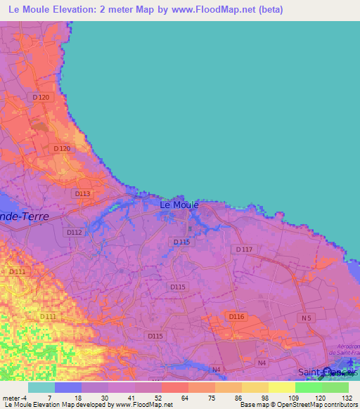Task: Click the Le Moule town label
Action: click(179, 204)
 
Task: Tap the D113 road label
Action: click(82, 193)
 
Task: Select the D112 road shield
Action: click(74, 232)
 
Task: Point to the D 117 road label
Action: click(244, 249)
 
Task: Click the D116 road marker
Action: click(236, 317)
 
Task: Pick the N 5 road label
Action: click(305, 318)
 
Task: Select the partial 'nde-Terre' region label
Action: click(25, 216)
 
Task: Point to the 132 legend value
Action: click(348, 398)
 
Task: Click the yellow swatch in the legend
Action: click(281, 387)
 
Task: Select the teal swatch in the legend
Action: click(41, 387)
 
